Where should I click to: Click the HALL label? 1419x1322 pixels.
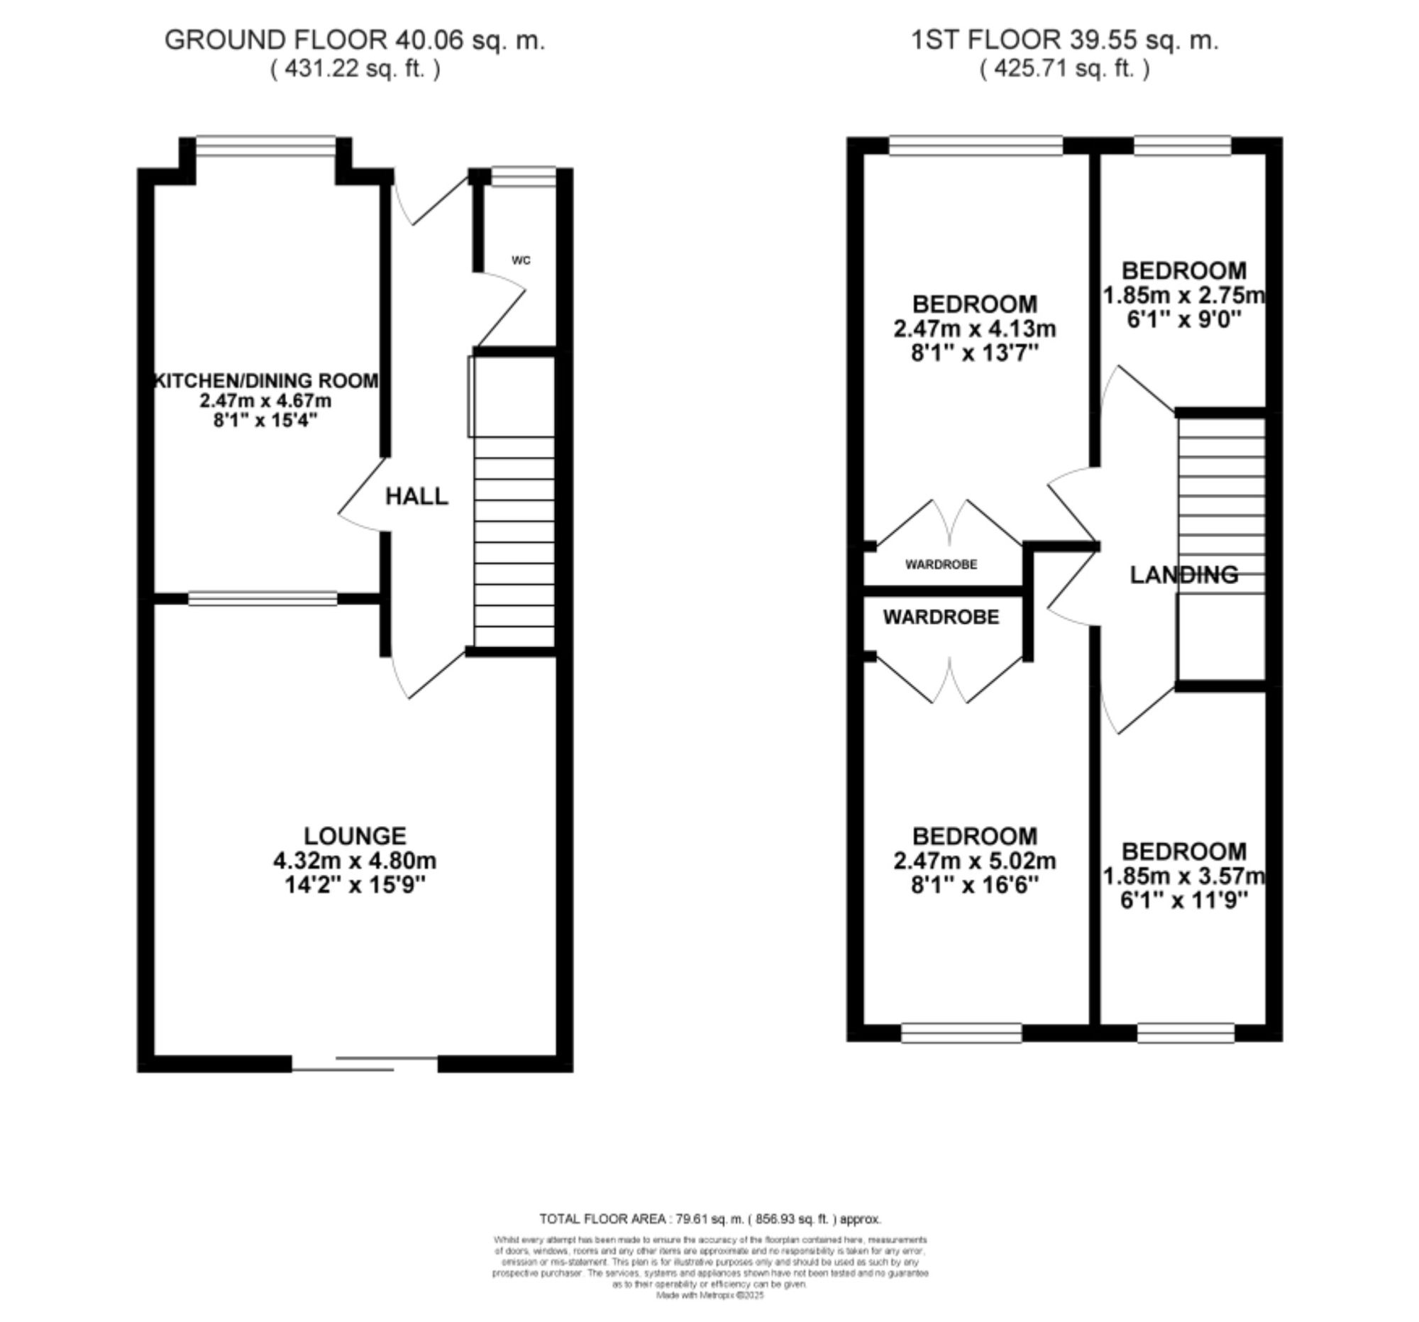click(x=417, y=496)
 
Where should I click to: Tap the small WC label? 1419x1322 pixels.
click(x=521, y=260)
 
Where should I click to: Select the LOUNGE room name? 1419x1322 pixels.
click(x=355, y=836)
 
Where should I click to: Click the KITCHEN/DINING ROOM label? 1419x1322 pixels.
click(x=266, y=380)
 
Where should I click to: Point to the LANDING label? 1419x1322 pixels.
click(x=1184, y=575)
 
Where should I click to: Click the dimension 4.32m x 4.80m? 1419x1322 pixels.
click(x=355, y=861)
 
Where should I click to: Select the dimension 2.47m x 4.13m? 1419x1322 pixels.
click(x=974, y=329)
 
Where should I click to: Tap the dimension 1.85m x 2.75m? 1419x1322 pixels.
click(x=1184, y=294)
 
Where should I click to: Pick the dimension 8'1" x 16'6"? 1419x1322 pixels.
click(x=974, y=885)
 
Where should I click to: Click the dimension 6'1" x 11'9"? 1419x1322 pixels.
click(x=1184, y=900)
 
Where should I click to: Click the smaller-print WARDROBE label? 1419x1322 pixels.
click(x=941, y=565)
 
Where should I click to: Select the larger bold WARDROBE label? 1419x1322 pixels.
click(x=941, y=617)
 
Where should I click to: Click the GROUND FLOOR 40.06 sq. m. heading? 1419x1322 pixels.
click(x=355, y=40)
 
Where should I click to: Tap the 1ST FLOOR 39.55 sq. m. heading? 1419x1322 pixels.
click(x=1064, y=40)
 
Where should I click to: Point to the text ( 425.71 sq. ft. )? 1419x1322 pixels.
click(x=1064, y=70)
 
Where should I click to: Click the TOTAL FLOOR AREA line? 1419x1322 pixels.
click(x=710, y=1219)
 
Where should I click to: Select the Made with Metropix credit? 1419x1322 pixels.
click(x=710, y=1296)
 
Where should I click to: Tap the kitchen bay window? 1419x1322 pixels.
click(x=265, y=145)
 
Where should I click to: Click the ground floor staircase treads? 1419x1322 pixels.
click(x=514, y=543)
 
